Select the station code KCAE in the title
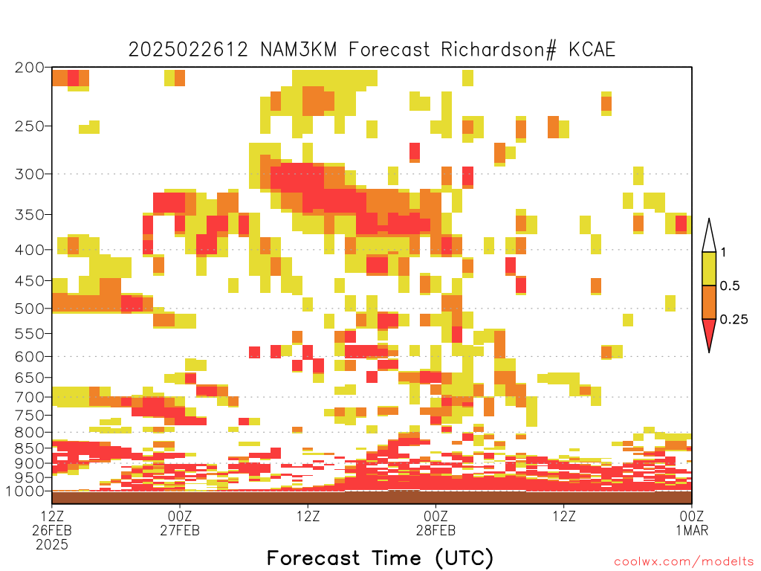[x=592, y=50]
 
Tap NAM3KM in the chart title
[x=299, y=50]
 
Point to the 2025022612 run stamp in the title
[x=188, y=50]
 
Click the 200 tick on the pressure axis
[x=29, y=68]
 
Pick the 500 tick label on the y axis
[x=29, y=309]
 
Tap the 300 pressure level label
[x=29, y=174]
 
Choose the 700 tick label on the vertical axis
[x=29, y=397]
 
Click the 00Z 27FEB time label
[x=180, y=523]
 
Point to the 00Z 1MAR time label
[x=692, y=523]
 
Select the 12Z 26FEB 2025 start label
[x=52, y=530]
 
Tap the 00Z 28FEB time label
[x=435, y=523]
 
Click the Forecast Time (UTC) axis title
[x=380, y=558]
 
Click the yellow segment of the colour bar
[x=709, y=268]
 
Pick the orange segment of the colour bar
[x=709, y=302]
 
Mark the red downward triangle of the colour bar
[x=709, y=332]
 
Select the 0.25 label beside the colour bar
[x=734, y=320]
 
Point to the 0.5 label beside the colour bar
[x=730, y=286]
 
